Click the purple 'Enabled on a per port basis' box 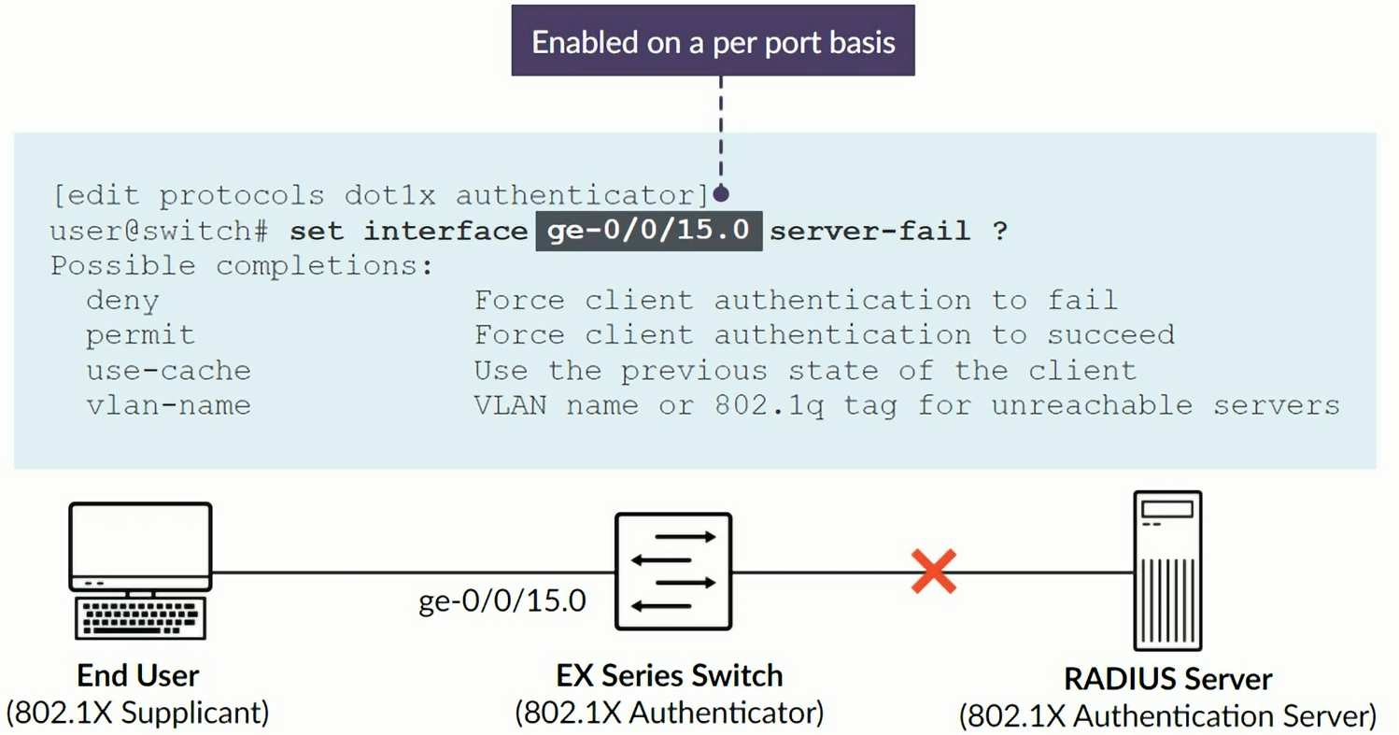713,41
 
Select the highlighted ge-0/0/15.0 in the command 648,230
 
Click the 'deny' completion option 122,300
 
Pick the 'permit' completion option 140,334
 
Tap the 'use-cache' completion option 168,370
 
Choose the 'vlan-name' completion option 168,405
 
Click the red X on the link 934,572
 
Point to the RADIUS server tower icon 1166,570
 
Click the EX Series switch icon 672,571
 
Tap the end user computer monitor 140,544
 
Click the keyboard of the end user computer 140,618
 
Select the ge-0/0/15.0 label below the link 502,600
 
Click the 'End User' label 138,674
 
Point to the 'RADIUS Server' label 1167,678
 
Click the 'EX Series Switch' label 669,674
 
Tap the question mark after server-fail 1000,231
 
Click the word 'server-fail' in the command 869,231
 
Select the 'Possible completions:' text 242,265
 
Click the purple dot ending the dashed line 720,194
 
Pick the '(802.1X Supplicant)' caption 137,712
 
